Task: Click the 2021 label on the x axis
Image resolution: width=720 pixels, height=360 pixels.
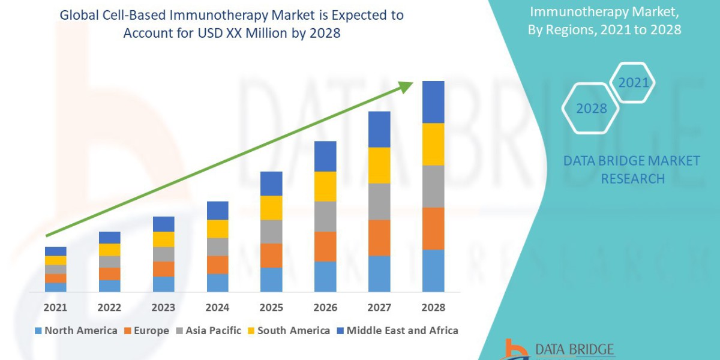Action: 55,307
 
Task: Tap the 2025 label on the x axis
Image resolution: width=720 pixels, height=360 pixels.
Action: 271,307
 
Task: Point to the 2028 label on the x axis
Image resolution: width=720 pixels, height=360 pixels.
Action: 433,307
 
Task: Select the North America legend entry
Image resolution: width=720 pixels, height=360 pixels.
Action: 76,331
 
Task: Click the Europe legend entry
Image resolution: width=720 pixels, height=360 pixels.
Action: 147,331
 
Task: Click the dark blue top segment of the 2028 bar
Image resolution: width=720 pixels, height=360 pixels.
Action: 433,102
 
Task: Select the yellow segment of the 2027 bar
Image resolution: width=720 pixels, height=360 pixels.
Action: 379,165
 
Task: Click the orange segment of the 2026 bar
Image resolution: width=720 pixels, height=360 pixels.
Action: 325,246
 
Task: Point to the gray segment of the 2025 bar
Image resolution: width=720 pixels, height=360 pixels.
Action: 271,231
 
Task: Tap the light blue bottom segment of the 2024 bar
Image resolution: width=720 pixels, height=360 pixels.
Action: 217,283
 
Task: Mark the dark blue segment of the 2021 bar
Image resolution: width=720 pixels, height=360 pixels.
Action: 55,251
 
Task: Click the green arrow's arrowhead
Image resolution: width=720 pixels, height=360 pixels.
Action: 406,87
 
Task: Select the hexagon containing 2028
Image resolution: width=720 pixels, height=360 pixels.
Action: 590,109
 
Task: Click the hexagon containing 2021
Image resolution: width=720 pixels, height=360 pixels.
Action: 632,83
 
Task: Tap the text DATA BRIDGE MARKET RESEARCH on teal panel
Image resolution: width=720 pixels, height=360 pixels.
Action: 632,169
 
